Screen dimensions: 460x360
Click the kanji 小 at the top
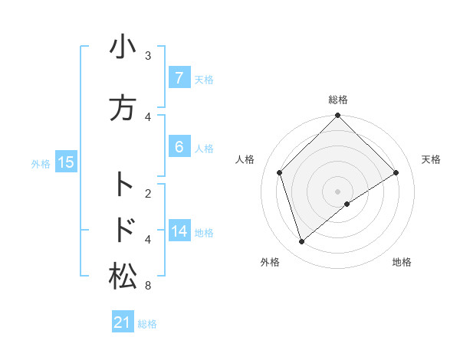tap(123, 47)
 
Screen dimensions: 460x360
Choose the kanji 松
tap(123, 277)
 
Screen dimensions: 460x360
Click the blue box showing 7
tap(179, 78)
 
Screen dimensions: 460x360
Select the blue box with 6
tap(179, 147)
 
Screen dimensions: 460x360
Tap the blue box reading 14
tap(179, 231)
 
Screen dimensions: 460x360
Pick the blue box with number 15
tap(66, 162)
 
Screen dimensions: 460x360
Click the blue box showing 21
tap(123, 323)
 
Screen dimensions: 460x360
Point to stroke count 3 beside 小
tap(148, 56)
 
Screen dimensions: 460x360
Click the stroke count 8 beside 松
tap(148, 286)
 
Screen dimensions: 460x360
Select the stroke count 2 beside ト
tap(148, 193)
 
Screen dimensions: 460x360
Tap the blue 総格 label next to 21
tap(147, 324)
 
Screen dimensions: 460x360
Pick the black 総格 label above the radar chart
tap(337, 100)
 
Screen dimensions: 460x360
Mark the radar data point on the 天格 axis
tap(396, 172)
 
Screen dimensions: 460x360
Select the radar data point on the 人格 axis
tap(280, 172)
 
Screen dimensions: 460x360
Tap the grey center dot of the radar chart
tap(337, 191)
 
